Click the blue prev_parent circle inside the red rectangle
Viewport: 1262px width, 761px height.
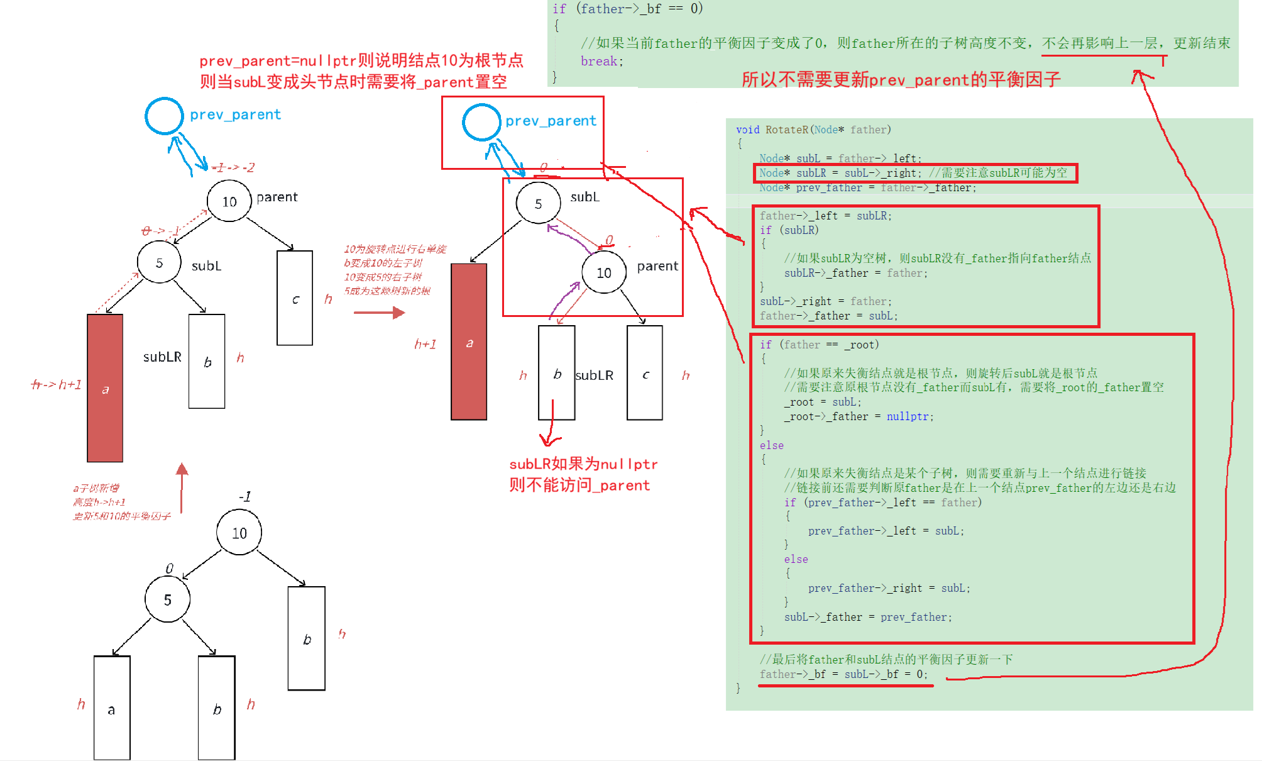coord(481,122)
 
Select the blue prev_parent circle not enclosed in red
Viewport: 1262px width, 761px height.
coord(164,116)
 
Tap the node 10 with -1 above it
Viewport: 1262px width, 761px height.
coord(239,533)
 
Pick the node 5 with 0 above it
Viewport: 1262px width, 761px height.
coord(167,599)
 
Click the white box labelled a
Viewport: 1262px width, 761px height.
coord(112,708)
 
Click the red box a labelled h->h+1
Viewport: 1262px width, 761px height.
coord(105,388)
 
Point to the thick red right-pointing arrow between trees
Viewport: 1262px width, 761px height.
coord(379,313)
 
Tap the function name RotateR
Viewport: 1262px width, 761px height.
coord(786,130)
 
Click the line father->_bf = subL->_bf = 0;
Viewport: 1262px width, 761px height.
coord(843,674)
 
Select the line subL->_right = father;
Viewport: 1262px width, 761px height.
coord(825,301)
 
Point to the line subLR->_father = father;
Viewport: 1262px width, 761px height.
coord(855,273)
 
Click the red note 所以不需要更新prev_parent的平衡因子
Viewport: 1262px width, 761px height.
coord(901,80)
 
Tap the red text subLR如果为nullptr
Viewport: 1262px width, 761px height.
coord(583,464)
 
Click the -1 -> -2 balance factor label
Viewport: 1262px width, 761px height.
coord(233,167)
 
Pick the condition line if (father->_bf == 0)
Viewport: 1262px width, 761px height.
coord(627,9)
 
